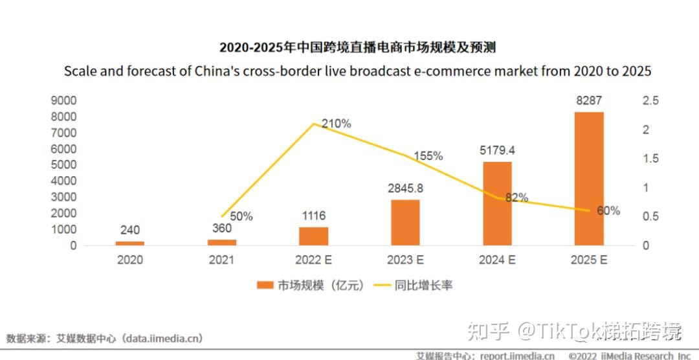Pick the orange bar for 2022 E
313,236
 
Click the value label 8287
589,101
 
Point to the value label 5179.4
497,150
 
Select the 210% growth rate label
337,123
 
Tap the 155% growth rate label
428,156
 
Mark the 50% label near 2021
241,217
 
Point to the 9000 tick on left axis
63,101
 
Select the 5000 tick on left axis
63,165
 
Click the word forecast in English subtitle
156,71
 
